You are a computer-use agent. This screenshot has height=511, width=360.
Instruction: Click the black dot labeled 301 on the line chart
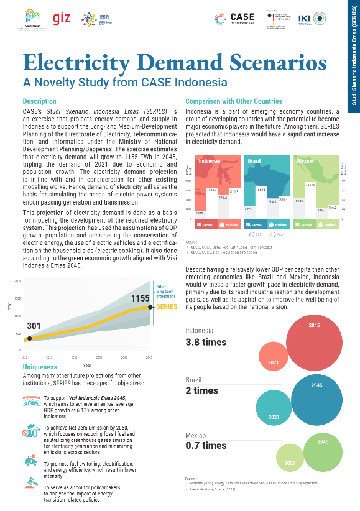tap(29, 338)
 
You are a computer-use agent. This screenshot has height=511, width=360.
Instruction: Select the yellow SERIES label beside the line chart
tap(167, 307)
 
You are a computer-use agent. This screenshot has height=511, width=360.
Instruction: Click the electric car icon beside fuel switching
tap(30, 461)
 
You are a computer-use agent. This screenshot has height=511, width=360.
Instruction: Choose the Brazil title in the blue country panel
tap(254, 161)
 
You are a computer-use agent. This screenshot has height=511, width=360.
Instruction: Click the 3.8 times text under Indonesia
tap(206, 342)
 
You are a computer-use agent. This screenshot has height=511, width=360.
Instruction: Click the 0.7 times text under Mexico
tap(206, 445)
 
